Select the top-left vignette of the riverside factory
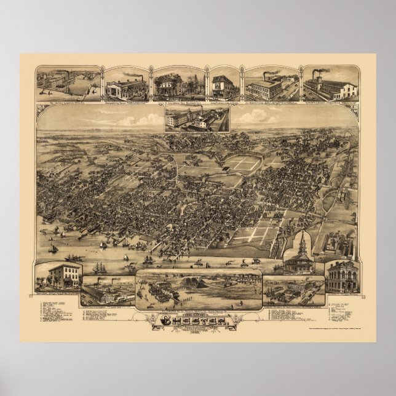tap(68, 82)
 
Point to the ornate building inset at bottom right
tap(342, 277)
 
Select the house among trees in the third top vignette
tap(171, 84)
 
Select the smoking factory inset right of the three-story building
tap(108, 290)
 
